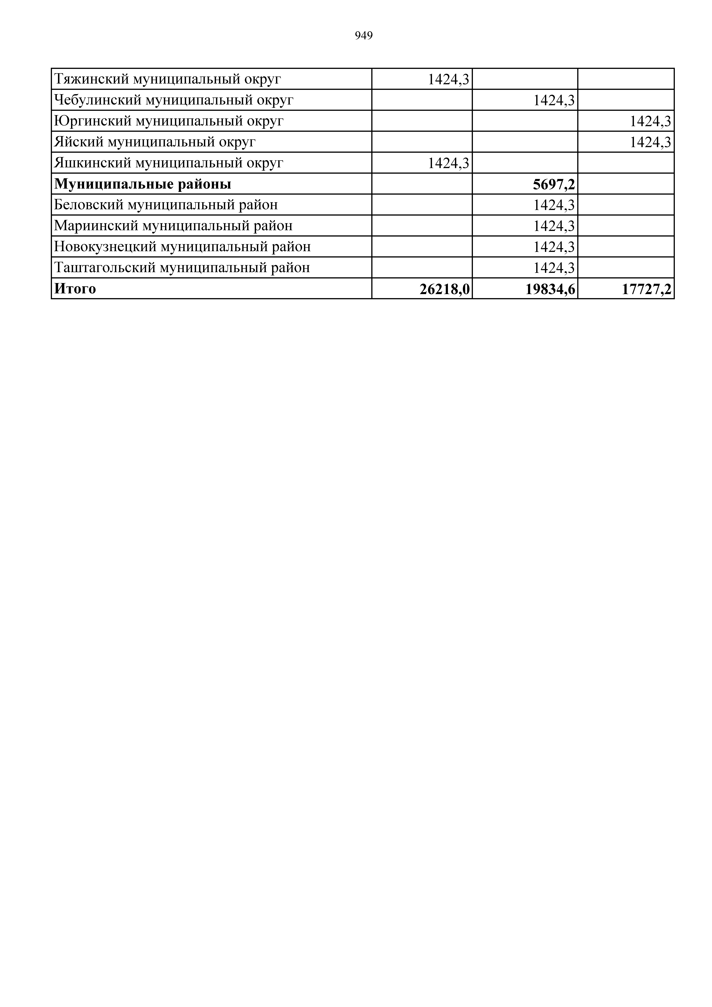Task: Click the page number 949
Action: point(364,36)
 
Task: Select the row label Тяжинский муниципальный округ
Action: point(167,79)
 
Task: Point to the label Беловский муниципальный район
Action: point(166,205)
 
